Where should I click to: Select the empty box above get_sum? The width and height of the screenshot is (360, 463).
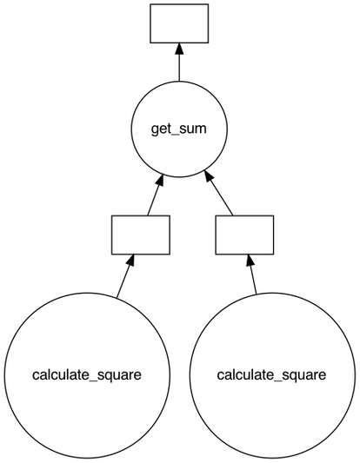179,23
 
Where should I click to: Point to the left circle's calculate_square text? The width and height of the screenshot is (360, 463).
86,375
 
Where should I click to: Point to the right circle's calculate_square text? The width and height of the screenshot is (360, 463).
270,375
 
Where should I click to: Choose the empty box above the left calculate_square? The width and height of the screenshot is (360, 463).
140,235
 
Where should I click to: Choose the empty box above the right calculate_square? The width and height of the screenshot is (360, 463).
244,235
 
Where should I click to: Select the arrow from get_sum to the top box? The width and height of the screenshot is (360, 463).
179,65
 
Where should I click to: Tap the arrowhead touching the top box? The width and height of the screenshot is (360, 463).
179,49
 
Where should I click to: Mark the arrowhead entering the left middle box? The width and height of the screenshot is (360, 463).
132,261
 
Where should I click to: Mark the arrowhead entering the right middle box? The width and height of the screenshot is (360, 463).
249,261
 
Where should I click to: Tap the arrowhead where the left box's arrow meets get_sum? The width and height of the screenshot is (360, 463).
160,181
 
